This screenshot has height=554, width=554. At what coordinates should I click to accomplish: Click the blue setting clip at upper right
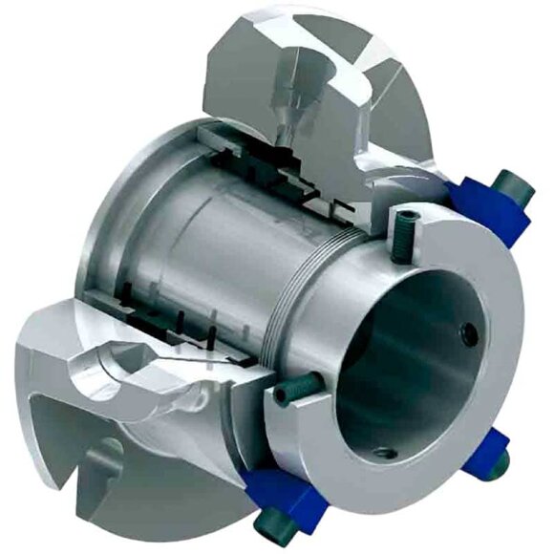click(x=486, y=208)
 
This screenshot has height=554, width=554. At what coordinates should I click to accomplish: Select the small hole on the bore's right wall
click(x=468, y=334)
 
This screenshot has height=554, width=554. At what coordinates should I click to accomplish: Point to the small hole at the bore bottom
click(x=385, y=452)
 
